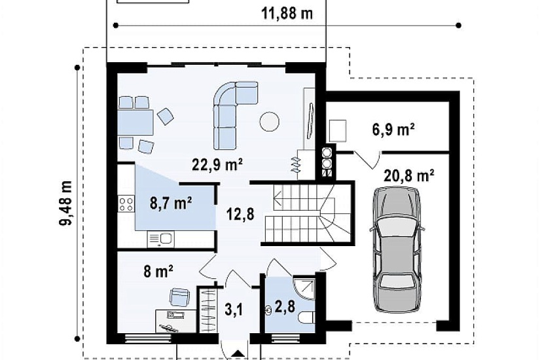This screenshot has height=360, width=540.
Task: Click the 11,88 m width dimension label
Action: (x=287, y=14)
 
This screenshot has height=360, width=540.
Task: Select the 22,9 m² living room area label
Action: (x=217, y=165)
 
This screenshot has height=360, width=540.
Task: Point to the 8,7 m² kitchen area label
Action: (x=171, y=204)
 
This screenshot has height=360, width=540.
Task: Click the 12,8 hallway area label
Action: (x=240, y=214)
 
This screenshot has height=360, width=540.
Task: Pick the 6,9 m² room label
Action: (x=393, y=130)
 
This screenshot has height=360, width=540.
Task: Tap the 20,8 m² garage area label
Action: (x=409, y=175)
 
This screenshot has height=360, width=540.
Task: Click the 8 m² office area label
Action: (x=158, y=272)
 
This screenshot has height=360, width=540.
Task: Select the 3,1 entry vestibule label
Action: (x=234, y=310)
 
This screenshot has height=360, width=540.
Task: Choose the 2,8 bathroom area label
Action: (x=285, y=306)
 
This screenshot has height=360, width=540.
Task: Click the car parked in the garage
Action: (x=397, y=250)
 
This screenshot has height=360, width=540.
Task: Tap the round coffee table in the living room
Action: (x=269, y=121)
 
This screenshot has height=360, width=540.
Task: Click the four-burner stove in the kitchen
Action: (x=126, y=204)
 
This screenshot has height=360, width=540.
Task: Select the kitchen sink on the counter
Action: (x=161, y=239)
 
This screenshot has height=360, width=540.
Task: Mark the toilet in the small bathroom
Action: (x=306, y=317)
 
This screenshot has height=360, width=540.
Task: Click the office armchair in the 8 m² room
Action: (x=180, y=297)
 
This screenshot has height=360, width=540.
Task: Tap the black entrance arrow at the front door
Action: (x=237, y=354)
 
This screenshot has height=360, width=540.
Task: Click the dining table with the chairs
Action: (x=135, y=122)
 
